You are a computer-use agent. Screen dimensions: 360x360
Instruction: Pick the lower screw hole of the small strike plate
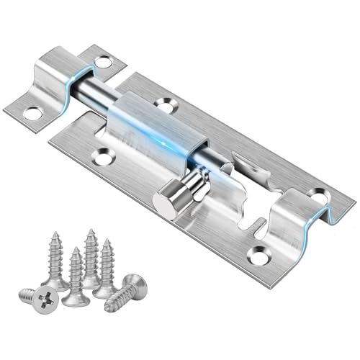(32, 112)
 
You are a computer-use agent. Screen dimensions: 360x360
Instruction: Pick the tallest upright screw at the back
(91, 252)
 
